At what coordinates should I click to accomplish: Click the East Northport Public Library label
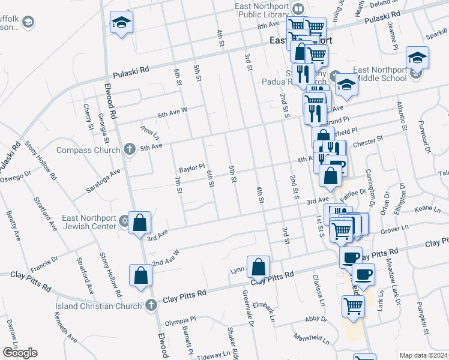pyautogui.click(x=262, y=13)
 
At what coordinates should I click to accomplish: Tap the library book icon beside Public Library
pyautogui.click(x=298, y=9)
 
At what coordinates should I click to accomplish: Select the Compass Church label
pyautogui.click(x=89, y=149)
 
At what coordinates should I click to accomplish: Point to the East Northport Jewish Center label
pyautogui.click(x=89, y=221)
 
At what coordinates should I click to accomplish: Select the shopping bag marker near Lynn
pyautogui.click(x=258, y=266)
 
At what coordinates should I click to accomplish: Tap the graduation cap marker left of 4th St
pyautogui.click(x=122, y=23)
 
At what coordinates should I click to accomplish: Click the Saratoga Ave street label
pyautogui.click(x=105, y=175)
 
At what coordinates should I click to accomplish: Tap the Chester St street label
pyautogui.click(x=368, y=142)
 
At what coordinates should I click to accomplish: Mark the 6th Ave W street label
pyautogui.click(x=173, y=112)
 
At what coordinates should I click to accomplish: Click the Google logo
pyautogui.click(x=20, y=353)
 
